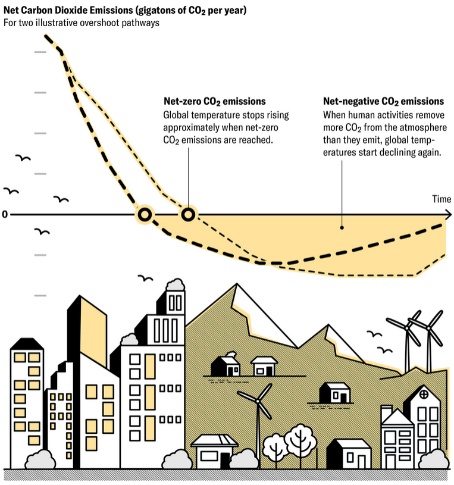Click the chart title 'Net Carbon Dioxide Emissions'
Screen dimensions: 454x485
pos(68,10)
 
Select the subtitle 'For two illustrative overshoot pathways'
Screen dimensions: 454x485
pos(82,23)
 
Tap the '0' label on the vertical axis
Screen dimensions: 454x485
pos(5,214)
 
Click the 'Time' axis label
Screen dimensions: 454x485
pos(442,199)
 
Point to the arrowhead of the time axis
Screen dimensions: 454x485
pos(449,214)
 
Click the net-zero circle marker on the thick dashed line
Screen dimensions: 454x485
pos(145,214)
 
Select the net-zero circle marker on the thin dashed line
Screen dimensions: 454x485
pos(188,214)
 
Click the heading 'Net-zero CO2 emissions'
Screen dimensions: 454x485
pos(215,101)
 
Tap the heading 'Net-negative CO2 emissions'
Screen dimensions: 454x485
pos(383,101)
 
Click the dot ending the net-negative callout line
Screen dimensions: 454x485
pos(342,228)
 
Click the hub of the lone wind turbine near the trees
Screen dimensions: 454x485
pos(257,401)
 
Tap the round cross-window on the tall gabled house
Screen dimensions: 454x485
pos(424,394)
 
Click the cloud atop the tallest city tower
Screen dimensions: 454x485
pos(176,284)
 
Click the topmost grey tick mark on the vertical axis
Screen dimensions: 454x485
pos(40,52)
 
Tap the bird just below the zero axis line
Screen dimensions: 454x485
pos(42,231)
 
